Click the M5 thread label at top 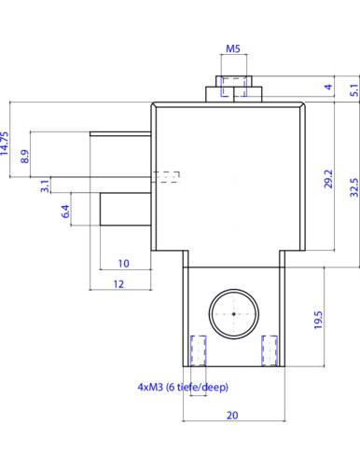233,48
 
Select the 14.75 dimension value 5,144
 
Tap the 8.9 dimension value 25,157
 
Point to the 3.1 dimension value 46,185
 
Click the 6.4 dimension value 65,212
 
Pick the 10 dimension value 123,264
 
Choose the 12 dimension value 118,284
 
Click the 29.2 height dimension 328,179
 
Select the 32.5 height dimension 354,187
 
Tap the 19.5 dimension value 318,320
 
